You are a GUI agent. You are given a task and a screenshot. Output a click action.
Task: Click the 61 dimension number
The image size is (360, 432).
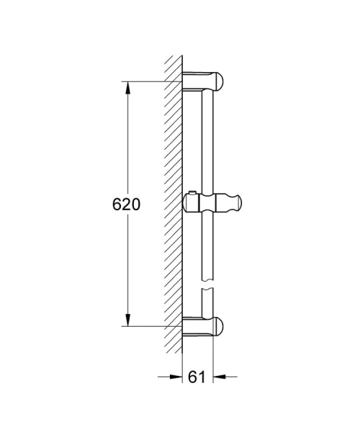click(x=194, y=375)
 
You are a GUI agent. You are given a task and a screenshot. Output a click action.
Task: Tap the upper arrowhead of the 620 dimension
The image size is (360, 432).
click(x=128, y=87)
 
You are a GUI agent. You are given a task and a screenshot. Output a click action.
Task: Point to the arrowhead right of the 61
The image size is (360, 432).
click(x=218, y=376)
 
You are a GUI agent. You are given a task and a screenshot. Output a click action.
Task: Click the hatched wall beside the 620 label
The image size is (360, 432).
click(x=172, y=204)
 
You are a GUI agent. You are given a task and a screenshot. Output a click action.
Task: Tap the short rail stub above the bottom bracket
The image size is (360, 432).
click(x=208, y=305)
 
